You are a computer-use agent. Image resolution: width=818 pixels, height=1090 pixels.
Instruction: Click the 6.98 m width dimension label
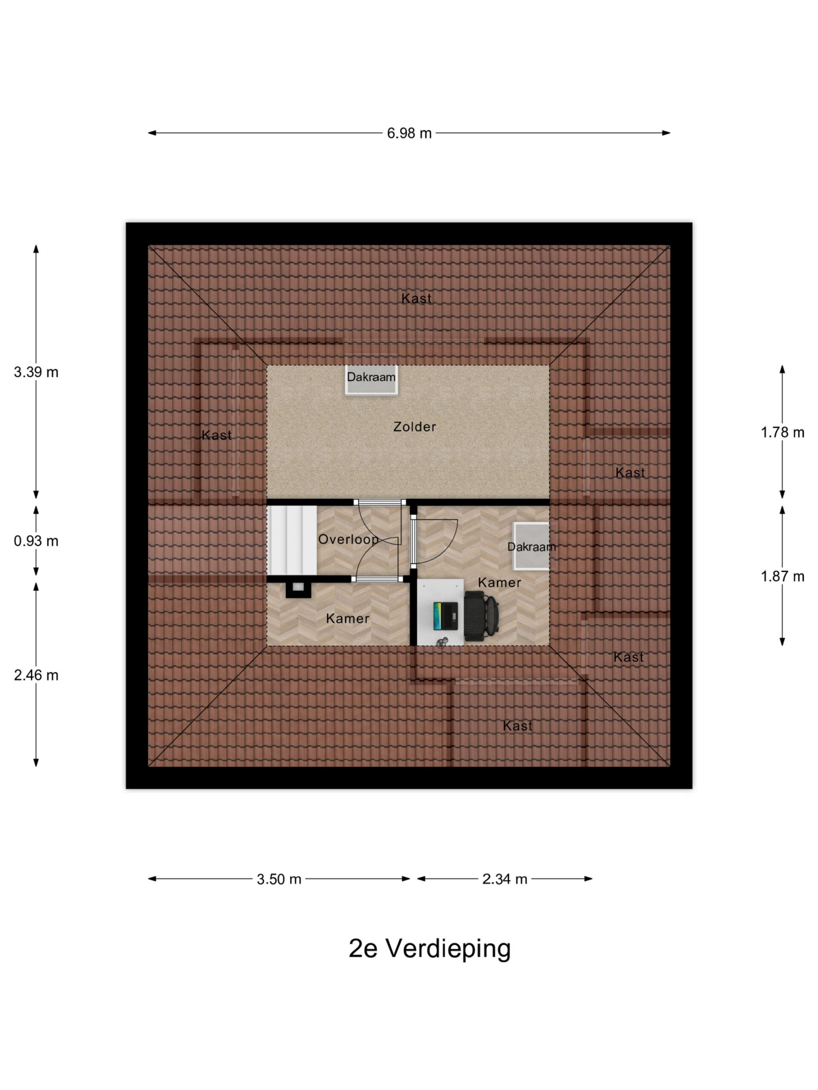point(409,133)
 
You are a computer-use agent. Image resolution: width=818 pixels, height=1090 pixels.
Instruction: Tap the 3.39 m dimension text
point(36,372)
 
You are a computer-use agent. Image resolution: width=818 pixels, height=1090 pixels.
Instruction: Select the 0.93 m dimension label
point(36,541)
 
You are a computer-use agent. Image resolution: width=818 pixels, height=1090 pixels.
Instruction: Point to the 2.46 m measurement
point(36,675)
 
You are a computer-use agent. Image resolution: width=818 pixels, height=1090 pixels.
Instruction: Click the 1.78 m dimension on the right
point(782,432)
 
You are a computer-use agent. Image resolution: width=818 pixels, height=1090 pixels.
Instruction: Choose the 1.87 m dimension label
point(782,576)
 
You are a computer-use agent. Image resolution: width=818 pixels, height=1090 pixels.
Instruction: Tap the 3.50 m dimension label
point(279,879)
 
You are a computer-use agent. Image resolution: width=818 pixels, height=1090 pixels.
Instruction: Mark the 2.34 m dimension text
point(504,879)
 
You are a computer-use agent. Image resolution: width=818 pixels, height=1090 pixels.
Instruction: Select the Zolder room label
point(414,427)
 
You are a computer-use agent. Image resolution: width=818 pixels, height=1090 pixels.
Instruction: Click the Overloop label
point(348,539)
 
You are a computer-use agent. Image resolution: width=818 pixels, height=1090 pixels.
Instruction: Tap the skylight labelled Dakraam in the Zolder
point(371,380)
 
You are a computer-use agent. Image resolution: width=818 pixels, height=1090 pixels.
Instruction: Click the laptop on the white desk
point(446,616)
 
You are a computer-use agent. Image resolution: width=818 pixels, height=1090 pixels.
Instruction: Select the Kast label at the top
point(416,298)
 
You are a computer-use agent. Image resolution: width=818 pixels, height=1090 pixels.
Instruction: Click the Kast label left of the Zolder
point(216,435)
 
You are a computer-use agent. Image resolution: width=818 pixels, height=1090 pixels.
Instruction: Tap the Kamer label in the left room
point(347,618)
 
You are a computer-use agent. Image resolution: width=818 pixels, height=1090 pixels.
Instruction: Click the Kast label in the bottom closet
point(517,726)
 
